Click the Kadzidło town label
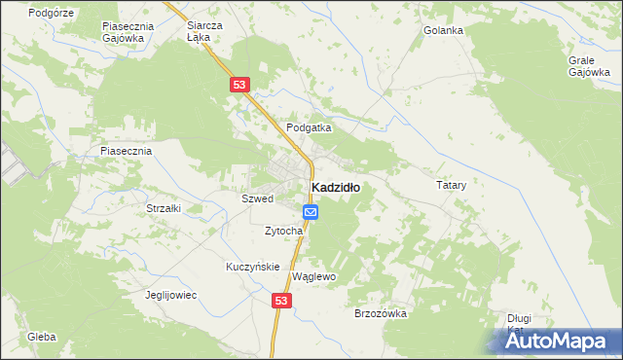335,188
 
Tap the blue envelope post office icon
311,212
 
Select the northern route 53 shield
240,86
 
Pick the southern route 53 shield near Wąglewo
281,302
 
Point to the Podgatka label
310,127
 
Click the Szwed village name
257,198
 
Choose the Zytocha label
284,231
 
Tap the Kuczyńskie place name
253,267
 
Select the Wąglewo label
313,276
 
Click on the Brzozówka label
380,313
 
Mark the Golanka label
443,30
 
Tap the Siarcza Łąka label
204,31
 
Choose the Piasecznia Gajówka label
124,31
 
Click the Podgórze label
51,13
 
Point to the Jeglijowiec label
170,295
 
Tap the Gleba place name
41,337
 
